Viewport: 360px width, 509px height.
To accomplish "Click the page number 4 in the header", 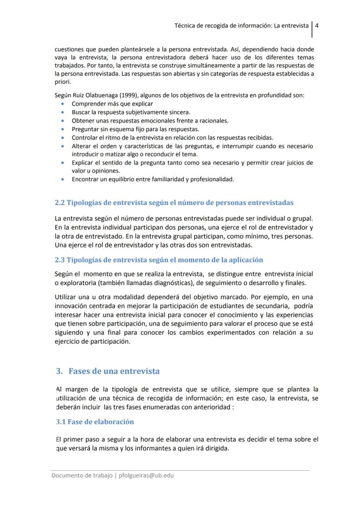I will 317,25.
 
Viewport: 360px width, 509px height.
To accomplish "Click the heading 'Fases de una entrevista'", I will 114,371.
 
